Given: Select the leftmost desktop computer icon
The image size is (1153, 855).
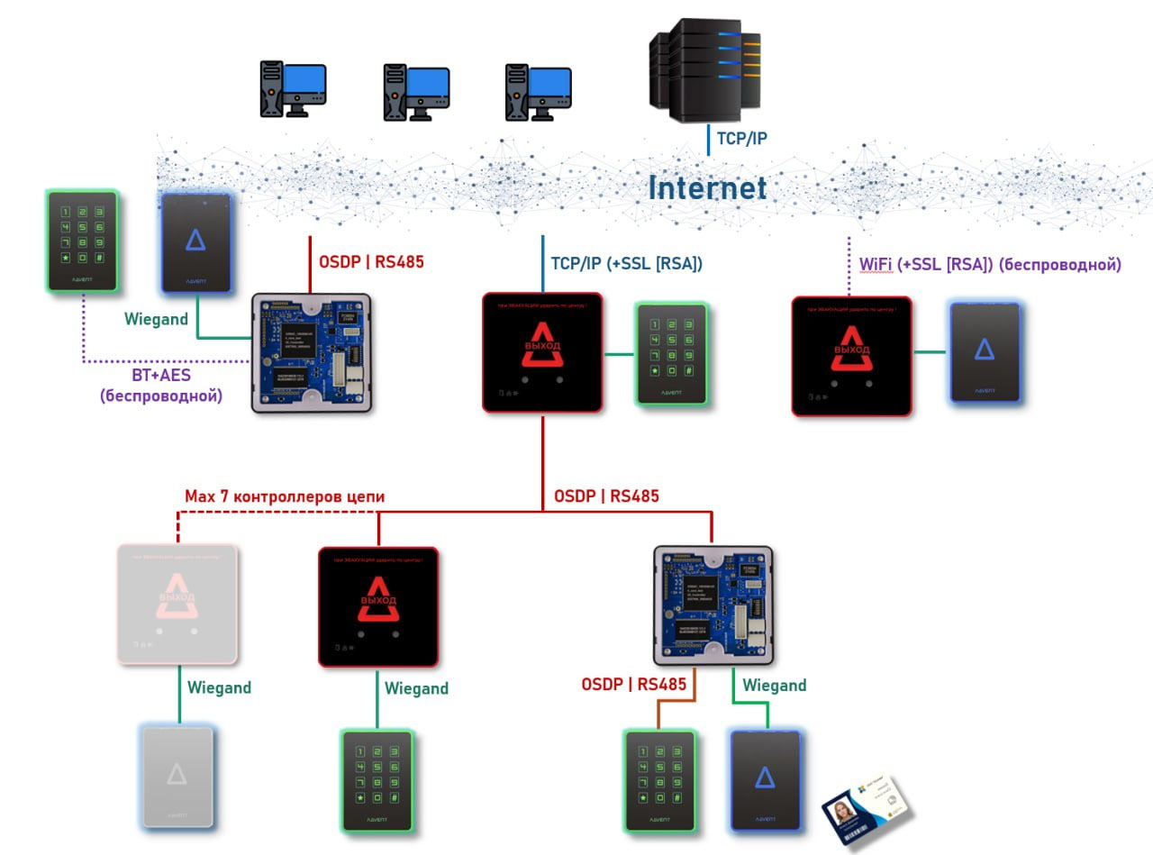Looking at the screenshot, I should point(293,89).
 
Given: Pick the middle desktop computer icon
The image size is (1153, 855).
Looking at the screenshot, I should point(415,91).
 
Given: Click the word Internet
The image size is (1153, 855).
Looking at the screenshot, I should point(707,187).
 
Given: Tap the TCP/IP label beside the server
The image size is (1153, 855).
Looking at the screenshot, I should point(741,139).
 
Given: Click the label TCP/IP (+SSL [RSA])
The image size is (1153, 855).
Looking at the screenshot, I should point(626,264).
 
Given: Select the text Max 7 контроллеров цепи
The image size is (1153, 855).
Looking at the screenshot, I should point(285,496).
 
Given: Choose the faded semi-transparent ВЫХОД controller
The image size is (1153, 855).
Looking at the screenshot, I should point(177,605).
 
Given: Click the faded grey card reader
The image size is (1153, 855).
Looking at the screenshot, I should point(177,776).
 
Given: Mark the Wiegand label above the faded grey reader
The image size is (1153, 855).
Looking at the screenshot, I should point(219,687).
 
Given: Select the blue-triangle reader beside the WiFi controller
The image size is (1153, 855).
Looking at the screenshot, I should point(985,351).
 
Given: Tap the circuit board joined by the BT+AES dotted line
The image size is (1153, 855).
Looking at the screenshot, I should point(312,352).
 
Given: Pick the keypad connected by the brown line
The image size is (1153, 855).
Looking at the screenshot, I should point(660,780).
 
